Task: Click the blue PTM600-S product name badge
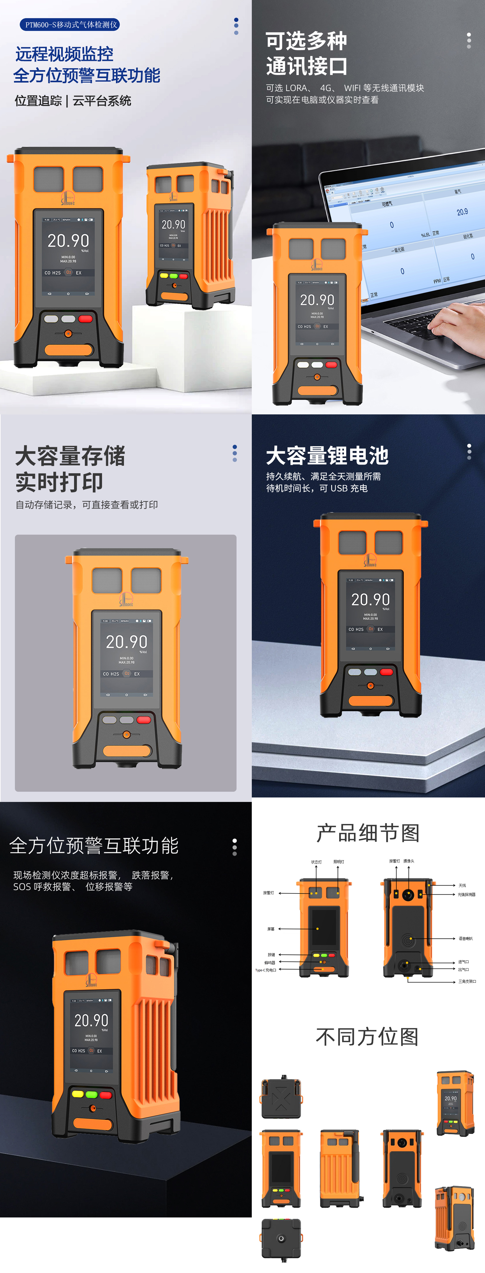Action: coord(70,25)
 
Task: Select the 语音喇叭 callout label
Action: coord(465,938)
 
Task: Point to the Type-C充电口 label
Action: coord(266,970)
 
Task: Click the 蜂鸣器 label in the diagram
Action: coord(270,963)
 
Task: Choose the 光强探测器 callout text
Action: coord(466,894)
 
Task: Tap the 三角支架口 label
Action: coord(467,981)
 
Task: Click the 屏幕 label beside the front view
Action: coord(271,929)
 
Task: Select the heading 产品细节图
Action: coord(368,833)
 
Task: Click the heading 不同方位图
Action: coord(367,1036)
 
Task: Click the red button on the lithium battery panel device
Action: coord(386,672)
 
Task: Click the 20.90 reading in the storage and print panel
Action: coord(126,642)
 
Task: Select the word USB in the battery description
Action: coord(339,488)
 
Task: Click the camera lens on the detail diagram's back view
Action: coord(408,894)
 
